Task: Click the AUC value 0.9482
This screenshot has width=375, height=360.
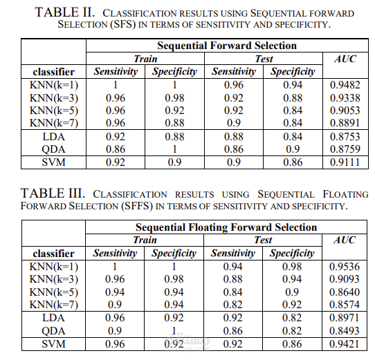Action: (x=345, y=86)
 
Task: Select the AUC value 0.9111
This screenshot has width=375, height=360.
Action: (x=345, y=162)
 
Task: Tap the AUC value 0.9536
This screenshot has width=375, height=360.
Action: (x=345, y=266)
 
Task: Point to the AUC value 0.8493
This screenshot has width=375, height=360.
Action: (x=345, y=330)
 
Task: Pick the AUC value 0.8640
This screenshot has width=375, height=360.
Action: (x=345, y=292)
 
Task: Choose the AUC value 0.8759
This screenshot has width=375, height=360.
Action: (x=345, y=149)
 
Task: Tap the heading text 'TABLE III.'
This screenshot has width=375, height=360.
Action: (x=54, y=193)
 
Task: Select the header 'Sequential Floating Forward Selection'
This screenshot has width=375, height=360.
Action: (x=226, y=227)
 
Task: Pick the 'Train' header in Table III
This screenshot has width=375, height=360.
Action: (x=145, y=240)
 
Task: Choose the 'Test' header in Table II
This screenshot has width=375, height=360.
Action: (x=264, y=59)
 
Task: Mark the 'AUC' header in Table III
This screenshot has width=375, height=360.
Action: (x=345, y=240)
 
